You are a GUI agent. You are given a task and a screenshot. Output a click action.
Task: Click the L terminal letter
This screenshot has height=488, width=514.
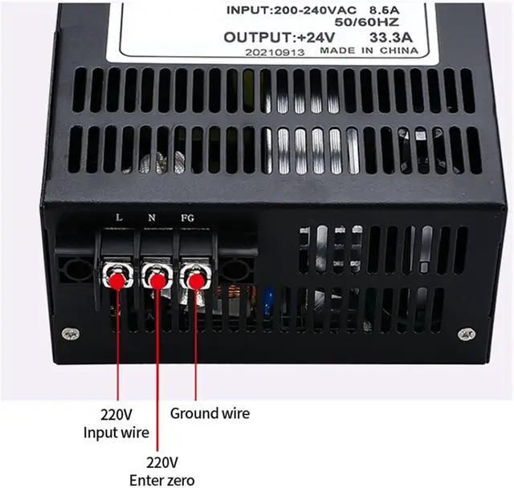(x=120, y=218)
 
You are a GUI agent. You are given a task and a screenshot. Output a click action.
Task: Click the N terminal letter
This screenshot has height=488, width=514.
(x=153, y=218)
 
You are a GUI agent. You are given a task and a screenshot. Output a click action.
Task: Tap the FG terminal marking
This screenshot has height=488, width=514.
(x=187, y=218)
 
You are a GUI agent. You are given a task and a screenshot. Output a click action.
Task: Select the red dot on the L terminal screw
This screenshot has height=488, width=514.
(x=117, y=280)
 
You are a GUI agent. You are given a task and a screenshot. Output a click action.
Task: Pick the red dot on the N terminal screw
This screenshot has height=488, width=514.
(x=156, y=279)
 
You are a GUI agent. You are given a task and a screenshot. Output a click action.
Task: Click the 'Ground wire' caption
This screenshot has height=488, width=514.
(x=210, y=413)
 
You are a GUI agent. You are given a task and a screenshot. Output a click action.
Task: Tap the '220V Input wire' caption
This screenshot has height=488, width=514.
(x=116, y=425)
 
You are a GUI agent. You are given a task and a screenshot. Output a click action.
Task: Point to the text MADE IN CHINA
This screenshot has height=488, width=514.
(x=369, y=50)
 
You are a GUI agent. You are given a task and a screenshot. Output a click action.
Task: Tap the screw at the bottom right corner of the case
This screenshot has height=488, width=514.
(x=461, y=333)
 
